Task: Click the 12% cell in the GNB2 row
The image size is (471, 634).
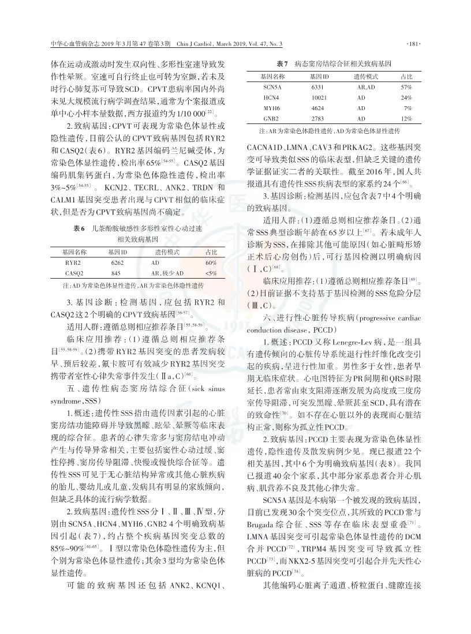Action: (x=406, y=118)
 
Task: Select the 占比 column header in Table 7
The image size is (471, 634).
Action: (x=406, y=76)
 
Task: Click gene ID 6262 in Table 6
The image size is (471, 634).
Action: (x=116, y=262)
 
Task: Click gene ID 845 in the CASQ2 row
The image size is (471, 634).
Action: (x=116, y=273)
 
